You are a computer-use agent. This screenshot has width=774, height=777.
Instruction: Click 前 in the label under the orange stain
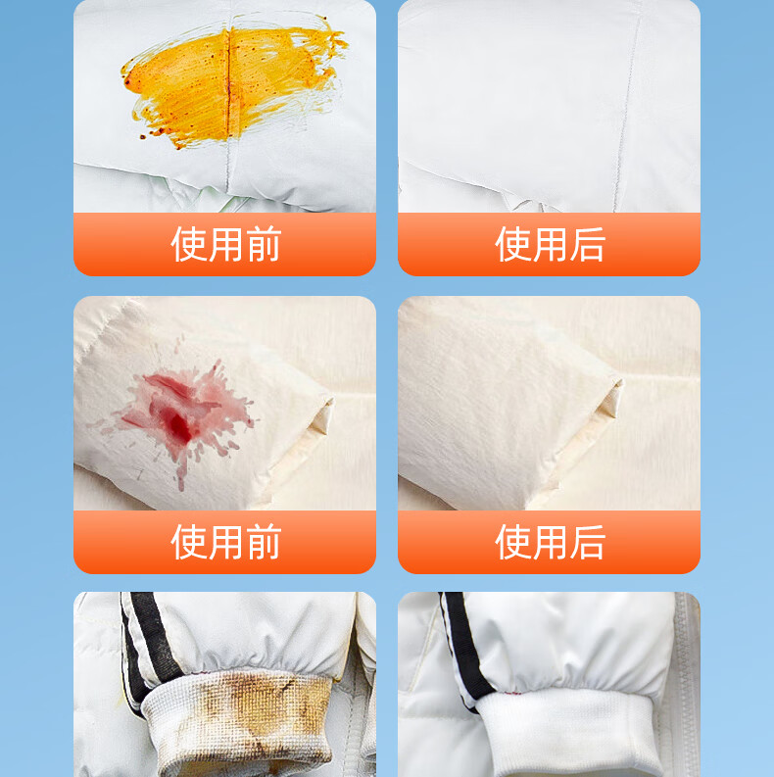pyautogui.click(x=265, y=244)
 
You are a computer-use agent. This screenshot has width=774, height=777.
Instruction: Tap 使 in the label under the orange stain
pyautogui.click(x=189, y=244)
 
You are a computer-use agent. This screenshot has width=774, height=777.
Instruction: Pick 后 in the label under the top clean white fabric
pyautogui.click(x=588, y=244)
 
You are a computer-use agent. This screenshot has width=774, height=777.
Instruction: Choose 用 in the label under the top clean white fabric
pyautogui.click(x=550, y=244)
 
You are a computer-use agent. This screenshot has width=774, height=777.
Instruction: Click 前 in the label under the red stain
pyautogui.click(x=265, y=542)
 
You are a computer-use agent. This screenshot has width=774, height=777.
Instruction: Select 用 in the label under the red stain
pyautogui.click(x=226, y=542)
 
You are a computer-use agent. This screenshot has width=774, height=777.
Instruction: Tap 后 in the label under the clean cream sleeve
pyautogui.click(x=588, y=542)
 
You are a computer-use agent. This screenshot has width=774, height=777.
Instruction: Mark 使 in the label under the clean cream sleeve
pyautogui.click(x=512, y=542)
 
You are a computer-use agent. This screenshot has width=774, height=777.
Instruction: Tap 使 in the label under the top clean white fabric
pyautogui.click(x=512, y=244)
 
